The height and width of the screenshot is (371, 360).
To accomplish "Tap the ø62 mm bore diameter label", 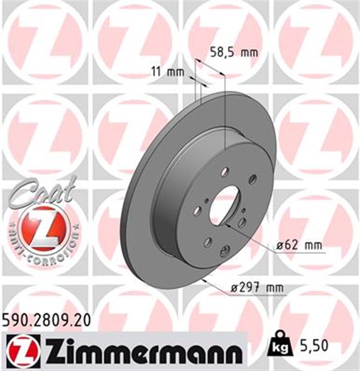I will pos(299,246).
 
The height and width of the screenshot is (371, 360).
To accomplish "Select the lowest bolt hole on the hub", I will pos(223,250).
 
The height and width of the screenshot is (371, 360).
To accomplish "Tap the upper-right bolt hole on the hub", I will pos(252,180).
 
